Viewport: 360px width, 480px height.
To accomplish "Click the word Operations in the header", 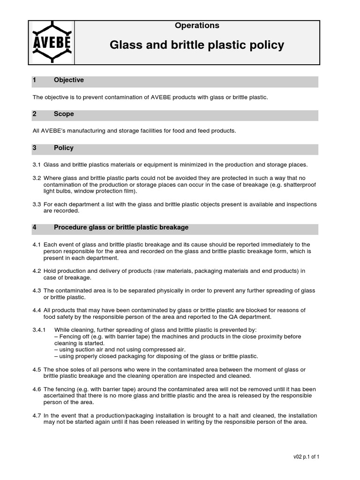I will (197, 26).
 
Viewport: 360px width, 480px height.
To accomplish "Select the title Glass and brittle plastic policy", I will (197, 45).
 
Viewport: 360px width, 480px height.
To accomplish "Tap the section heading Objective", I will (69, 80).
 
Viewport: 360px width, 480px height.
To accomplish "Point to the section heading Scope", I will (64, 114).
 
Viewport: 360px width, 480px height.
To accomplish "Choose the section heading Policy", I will (64, 148).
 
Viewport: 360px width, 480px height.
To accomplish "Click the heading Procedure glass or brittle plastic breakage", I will (121, 227).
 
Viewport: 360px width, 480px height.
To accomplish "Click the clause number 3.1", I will (37, 165).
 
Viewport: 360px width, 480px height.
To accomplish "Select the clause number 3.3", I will (37, 204).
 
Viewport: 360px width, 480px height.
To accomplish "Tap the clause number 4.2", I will (37, 271).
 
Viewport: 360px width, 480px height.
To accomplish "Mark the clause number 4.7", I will (37, 415).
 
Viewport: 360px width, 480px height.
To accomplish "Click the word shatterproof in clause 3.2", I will (300, 185).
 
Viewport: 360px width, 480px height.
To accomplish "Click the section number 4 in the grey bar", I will (34, 227).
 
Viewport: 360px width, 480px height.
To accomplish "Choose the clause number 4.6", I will (37, 389).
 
